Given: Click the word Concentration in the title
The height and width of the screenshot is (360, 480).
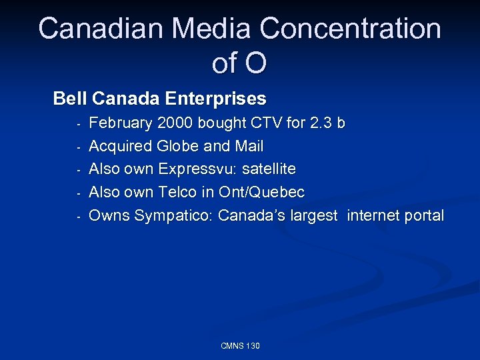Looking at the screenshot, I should [x=350, y=29].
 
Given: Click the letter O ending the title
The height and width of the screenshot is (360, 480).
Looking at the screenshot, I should [x=255, y=63].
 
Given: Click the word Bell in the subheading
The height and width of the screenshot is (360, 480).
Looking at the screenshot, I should [x=70, y=99].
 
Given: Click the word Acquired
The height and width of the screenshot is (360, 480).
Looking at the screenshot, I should [x=120, y=146].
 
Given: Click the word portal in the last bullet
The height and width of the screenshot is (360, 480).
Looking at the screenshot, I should [x=423, y=216].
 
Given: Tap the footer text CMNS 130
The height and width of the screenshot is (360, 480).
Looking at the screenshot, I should [x=240, y=345].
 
